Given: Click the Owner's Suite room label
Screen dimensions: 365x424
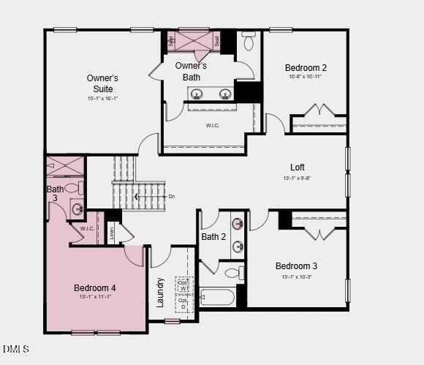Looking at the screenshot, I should tap(102, 83).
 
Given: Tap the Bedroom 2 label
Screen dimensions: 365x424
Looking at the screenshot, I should tap(306, 68).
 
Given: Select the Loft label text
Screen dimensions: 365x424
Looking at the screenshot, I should tap(298, 167).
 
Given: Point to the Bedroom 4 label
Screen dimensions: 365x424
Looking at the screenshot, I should tap(95, 287).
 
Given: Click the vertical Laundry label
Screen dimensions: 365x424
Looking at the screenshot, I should tap(160, 291).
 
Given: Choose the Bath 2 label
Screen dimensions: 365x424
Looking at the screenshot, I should tap(213, 236).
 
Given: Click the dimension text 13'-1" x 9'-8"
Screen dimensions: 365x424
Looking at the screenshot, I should tap(298, 178).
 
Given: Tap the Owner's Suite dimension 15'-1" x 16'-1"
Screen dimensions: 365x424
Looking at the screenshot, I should tap(102, 98).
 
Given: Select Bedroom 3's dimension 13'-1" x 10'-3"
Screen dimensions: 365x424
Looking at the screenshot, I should tap(296, 276).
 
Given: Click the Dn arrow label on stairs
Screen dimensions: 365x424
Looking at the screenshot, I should tap(172, 196).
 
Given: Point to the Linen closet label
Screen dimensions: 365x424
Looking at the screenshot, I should tap(112, 233).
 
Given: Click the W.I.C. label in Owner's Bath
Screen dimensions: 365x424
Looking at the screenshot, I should tap(213, 125).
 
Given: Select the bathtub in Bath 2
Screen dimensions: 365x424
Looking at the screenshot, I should tap(217, 297).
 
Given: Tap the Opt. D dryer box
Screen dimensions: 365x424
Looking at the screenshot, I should tap(183, 302).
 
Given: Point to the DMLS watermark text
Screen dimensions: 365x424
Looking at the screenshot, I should tap(16, 349).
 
